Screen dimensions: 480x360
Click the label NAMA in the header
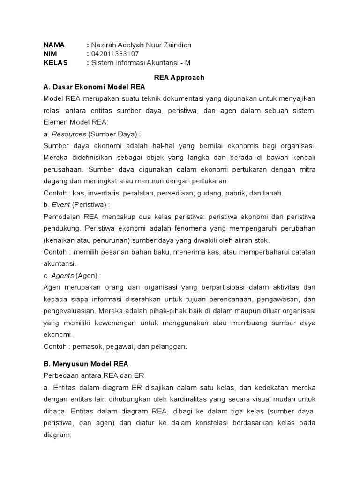[54, 45]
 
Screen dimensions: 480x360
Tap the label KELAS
[56, 63]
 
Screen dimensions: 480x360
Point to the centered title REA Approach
[180, 78]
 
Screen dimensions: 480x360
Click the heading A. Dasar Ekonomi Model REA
[94, 87]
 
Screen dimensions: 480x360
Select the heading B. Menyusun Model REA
[86, 363]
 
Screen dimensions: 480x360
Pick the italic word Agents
[62, 276]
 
